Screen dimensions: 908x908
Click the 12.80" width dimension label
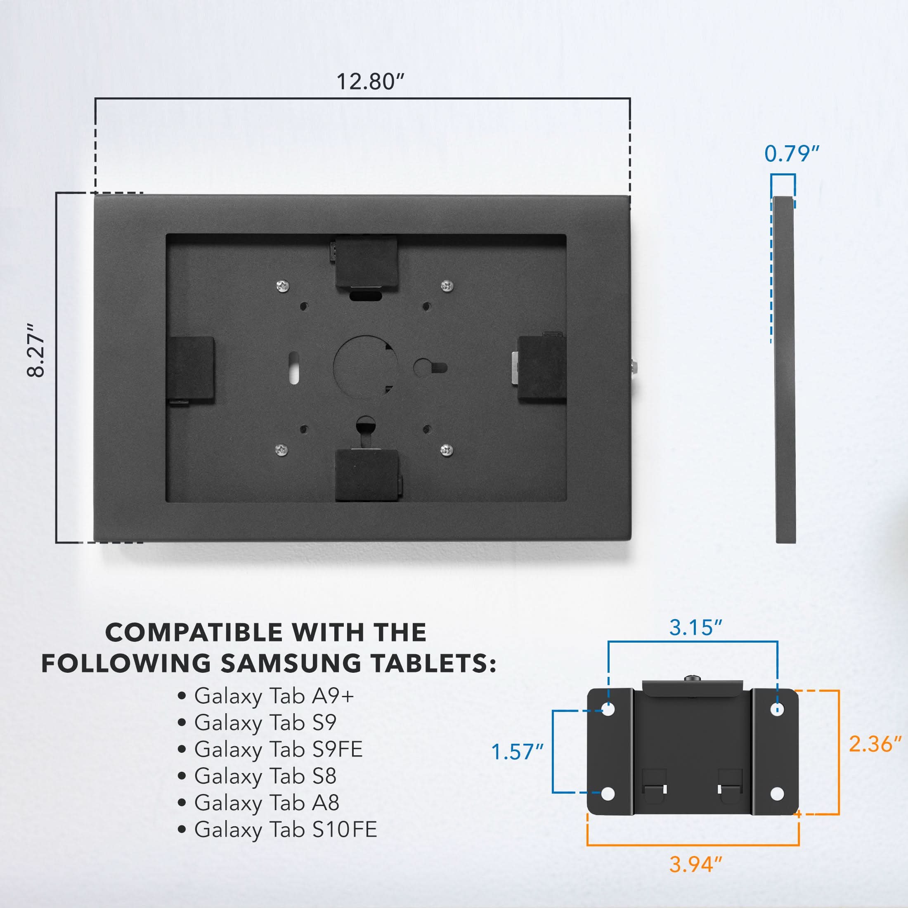pyautogui.click(x=370, y=82)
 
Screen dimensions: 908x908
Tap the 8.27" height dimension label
pyautogui.click(x=36, y=350)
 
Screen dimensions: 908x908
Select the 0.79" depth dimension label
pyautogui.click(x=792, y=154)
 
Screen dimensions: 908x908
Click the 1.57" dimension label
pyautogui.click(x=517, y=752)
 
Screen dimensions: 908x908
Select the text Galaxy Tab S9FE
pyautogui.click(x=278, y=749)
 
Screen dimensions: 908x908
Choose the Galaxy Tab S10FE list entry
pyautogui.click(x=285, y=830)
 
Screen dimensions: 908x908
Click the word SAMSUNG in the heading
pyautogui.click(x=291, y=663)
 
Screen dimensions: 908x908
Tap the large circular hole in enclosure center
pyautogui.click(x=365, y=367)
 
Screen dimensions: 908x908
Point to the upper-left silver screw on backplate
pyautogui.click(x=282, y=285)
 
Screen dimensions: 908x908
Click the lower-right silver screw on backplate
pyautogui.click(x=447, y=450)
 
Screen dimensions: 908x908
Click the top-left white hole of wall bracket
pyautogui.click(x=608, y=709)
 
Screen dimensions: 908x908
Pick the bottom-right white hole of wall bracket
pyautogui.click(x=777, y=794)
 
